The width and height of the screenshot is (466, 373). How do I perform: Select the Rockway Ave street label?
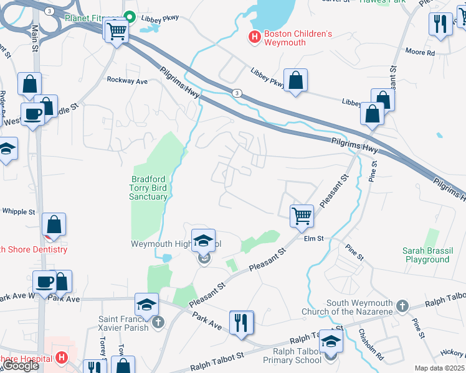tap(127, 80)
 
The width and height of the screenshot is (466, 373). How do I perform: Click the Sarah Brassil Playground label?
tap(426, 255)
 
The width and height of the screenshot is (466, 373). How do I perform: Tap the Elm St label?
tap(313, 238)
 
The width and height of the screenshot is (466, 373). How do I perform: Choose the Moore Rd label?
tap(422, 53)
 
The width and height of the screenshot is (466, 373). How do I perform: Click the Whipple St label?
tap(19, 211)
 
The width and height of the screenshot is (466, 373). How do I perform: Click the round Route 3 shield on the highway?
tap(237, 93)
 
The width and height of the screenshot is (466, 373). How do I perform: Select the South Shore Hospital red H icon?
tap(61, 357)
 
